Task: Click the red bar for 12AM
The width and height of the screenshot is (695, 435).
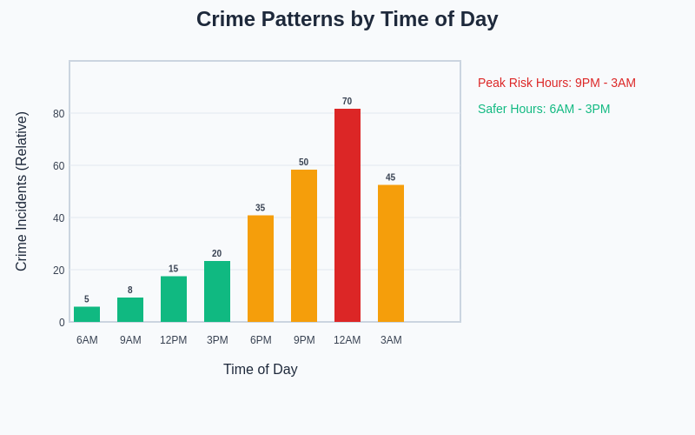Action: (x=347, y=215)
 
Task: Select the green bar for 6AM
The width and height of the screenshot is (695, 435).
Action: (x=87, y=314)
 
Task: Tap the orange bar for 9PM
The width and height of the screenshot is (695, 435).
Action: (x=304, y=245)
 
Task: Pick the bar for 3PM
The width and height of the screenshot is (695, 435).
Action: (x=217, y=291)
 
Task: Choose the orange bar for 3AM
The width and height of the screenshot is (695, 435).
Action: (x=391, y=253)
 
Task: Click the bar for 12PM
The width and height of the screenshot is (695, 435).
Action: (x=174, y=298)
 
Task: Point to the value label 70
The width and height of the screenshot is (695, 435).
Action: (x=347, y=102)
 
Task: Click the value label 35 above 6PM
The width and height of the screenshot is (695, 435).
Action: (x=261, y=208)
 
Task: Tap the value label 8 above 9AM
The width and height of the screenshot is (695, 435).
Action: (x=130, y=291)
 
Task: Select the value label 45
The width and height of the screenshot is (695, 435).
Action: (x=391, y=177)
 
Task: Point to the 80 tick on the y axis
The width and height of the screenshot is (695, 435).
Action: (x=59, y=114)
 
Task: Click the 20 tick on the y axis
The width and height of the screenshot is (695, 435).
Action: (x=59, y=271)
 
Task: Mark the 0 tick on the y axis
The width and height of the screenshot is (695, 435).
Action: (x=62, y=323)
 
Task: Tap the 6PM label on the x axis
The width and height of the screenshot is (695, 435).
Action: (x=261, y=340)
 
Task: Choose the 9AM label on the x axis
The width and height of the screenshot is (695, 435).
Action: (x=130, y=340)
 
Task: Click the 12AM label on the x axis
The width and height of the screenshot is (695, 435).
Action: (x=347, y=340)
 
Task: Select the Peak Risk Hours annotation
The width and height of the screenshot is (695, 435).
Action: (x=557, y=83)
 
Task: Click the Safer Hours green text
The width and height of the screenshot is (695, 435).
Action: (x=544, y=109)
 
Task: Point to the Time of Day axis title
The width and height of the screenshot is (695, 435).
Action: (x=261, y=370)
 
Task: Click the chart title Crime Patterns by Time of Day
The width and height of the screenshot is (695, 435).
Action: (x=347, y=19)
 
